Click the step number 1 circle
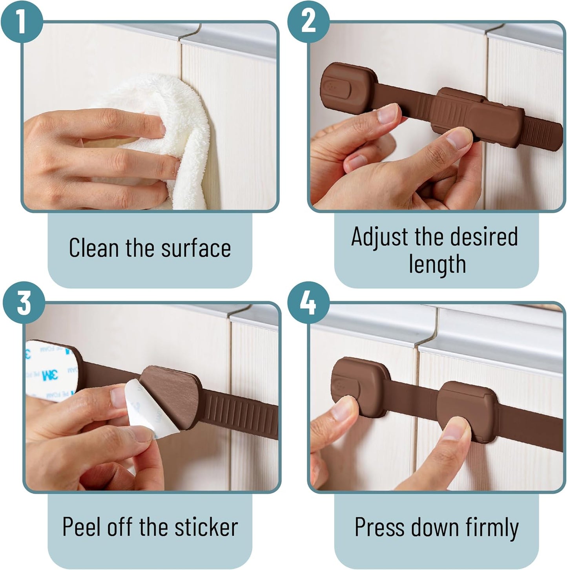21,22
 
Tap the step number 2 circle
308,22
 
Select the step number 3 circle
24,303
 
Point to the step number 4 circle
308,303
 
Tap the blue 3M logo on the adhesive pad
50,375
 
